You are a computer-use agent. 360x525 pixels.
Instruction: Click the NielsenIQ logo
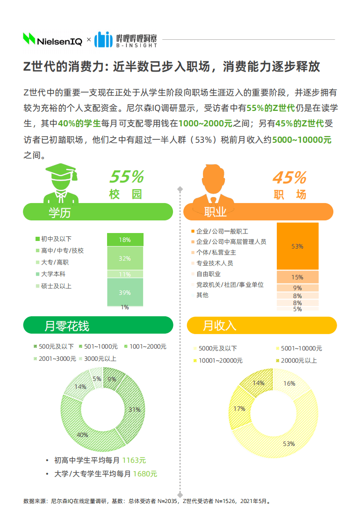53,40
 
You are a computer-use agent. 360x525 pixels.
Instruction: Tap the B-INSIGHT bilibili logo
125,40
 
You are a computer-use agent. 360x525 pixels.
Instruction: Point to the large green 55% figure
126,177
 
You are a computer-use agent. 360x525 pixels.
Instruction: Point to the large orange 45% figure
289,177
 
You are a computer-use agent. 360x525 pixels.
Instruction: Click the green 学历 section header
98,212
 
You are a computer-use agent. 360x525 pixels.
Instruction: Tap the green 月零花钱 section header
98,325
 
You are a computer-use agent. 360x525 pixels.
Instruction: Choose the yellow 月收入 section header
262,325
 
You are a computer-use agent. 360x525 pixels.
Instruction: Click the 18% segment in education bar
124,240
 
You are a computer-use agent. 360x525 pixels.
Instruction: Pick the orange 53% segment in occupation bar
297,246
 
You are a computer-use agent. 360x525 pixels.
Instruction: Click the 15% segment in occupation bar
297,277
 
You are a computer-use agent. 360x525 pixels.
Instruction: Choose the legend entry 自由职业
208,274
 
